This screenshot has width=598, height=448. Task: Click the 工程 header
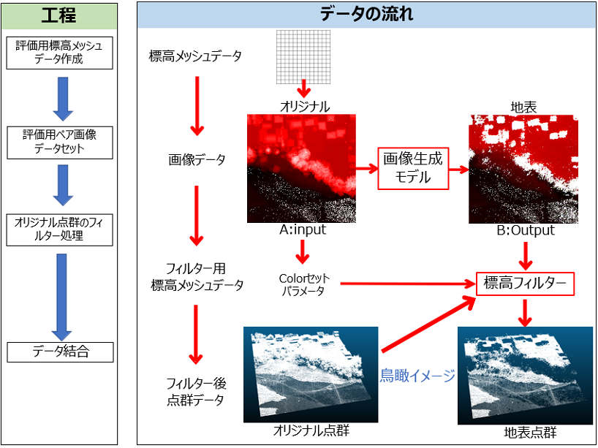click(x=59, y=16)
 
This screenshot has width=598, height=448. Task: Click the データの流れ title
click(x=366, y=15)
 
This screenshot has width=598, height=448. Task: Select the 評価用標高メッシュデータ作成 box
click(x=59, y=53)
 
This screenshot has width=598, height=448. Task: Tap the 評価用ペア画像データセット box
click(x=59, y=143)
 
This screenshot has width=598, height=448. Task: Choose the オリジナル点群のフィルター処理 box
click(x=59, y=229)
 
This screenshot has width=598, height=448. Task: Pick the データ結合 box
click(x=60, y=352)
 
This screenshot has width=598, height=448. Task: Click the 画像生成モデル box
click(x=413, y=168)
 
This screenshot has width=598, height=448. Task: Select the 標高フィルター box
click(x=525, y=284)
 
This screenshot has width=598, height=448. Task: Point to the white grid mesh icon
click(x=303, y=57)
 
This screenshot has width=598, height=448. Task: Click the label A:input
click(x=303, y=230)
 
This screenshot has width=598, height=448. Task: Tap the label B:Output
click(x=525, y=230)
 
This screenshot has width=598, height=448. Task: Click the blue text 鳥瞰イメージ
click(x=417, y=376)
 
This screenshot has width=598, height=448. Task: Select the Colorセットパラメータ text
click(x=304, y=284)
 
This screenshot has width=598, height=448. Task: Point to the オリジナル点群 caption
click(x=311, y=431)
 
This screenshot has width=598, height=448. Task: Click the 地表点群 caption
click(x=530, y=433)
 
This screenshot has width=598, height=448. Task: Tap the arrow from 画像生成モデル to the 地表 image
click(x=459, y=170)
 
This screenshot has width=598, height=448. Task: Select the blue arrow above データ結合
click(x=61, y=297)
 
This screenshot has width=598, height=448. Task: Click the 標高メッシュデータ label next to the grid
click(x=195, y=57)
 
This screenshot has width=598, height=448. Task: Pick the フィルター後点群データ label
click(x=196, y=392)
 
